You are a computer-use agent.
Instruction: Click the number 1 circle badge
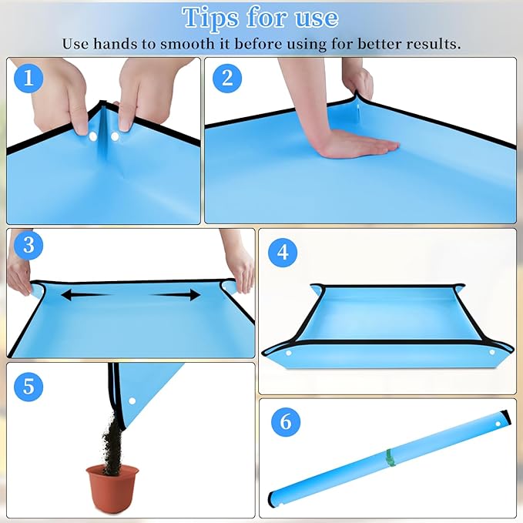[x=28, y=78]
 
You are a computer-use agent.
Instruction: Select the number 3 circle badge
[x=28, y=246]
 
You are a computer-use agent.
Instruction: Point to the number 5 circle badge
[x=28, y=385]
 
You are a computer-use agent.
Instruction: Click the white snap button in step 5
[x=132, y=401]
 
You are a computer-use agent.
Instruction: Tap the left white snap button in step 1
[x=92, y=137]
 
